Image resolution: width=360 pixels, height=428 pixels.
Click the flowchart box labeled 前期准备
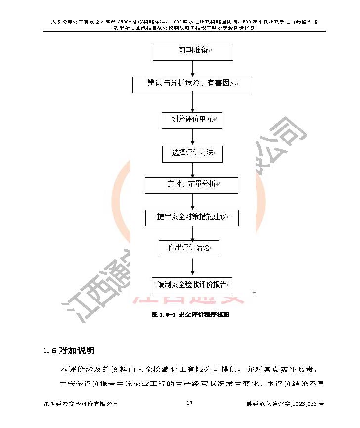click(193, 51)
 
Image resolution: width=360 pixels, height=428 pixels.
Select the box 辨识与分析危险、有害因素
click(192, 85)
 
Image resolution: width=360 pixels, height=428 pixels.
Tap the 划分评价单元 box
click(192, 120)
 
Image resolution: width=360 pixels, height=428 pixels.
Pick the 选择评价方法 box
click(192, 153)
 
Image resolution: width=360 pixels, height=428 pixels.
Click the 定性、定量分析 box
click(191, 185)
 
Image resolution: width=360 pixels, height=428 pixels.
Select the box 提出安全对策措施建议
click(192, 217)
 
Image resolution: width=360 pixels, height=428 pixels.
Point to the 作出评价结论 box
click(189, 248)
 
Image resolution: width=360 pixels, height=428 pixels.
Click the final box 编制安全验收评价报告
click(192, 285)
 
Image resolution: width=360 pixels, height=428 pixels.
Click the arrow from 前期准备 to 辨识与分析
click(192, 69)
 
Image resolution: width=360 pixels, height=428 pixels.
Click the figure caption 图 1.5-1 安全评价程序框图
click(191, 314)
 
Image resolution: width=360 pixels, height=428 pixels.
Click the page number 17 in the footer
click(189, 403)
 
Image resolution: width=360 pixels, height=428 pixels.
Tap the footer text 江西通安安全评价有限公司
click(81, 404)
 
